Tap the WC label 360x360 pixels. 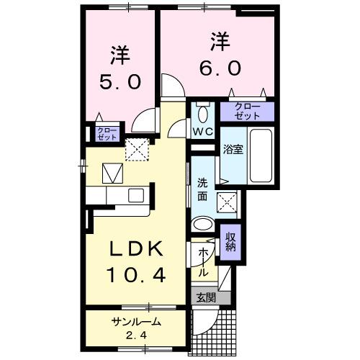point(203,131)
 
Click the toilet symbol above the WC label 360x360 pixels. point(203,113)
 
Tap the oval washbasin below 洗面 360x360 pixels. point(204,224)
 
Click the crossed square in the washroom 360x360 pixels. point(229,202)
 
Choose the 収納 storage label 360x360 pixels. point(230,243)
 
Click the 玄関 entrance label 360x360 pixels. point(203,297)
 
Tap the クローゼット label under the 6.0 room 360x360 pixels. point(248,111)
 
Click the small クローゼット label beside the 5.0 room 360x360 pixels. point(96,134)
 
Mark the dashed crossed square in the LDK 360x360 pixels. point(135,149)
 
